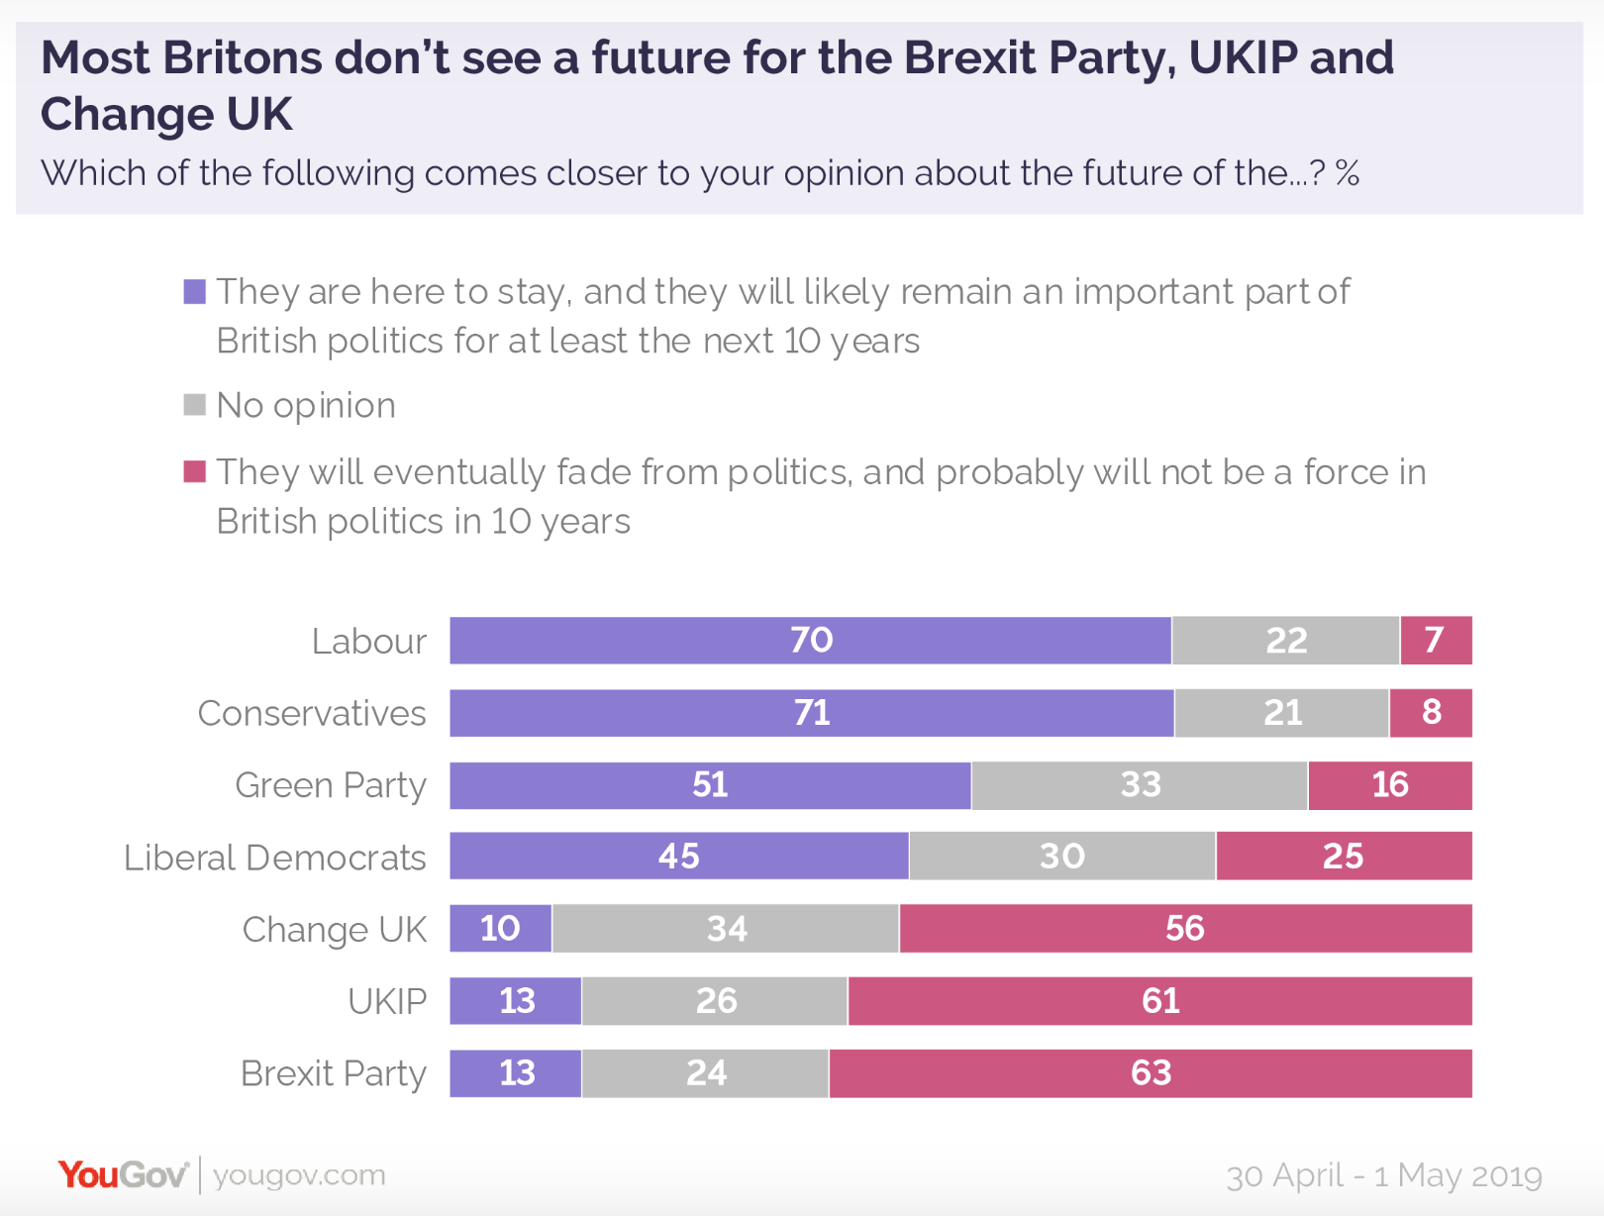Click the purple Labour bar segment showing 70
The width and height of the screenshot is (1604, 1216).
click(810, 641)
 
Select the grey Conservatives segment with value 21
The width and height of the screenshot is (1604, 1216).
click(1281, 713)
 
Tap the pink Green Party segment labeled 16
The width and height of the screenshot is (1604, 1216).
click(1389, 785)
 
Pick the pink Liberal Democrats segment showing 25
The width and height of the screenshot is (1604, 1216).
click(1343, 857)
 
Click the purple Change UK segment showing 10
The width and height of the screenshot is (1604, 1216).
click(500, 929)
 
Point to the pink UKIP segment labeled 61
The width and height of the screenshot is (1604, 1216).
click(1159, 1001)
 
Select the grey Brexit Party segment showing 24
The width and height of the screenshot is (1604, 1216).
click(705, 1073)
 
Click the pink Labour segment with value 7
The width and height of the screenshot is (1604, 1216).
click(1435, 641)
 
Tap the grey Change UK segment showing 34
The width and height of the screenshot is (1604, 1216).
click(726, 929)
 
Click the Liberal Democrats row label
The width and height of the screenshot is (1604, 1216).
click(274, 858)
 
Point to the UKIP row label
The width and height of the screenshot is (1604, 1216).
click(387, 1002)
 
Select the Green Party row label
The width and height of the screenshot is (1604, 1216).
click(331, 785)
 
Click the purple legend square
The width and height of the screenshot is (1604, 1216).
click(195, 292)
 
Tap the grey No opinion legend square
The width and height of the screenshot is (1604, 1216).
click(195, 405)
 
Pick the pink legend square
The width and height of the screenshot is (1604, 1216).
click(195, 471)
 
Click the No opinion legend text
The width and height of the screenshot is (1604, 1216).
click(306, 406)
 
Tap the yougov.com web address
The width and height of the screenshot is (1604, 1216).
click(299, 1175)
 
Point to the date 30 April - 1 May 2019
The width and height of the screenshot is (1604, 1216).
click(1383, 1176)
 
